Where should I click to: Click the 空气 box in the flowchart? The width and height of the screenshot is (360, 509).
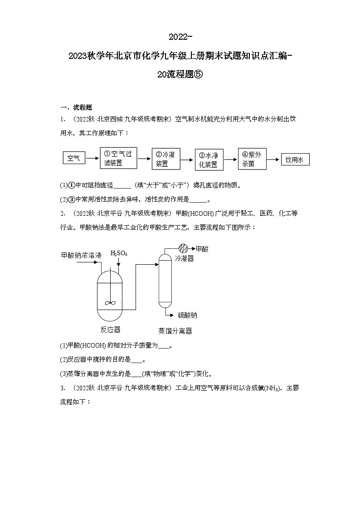tap(73, 158)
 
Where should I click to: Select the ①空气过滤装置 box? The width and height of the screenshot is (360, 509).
tap(117, 158)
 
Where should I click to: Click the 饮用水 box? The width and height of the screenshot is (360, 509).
tap(295, 160)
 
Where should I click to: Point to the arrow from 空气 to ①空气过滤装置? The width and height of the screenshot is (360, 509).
tap(92, 158)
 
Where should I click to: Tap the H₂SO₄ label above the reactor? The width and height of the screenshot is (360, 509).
tap(119, 253)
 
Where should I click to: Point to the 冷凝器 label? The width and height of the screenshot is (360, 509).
tap(185, 258)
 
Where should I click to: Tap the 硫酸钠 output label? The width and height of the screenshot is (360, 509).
tap(187, 315)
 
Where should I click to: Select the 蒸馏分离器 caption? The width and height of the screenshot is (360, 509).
tap(175, 331)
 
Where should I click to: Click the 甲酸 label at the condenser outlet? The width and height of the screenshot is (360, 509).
tap(202, 249)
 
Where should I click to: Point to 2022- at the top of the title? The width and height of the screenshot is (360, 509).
tap(180, 36)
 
